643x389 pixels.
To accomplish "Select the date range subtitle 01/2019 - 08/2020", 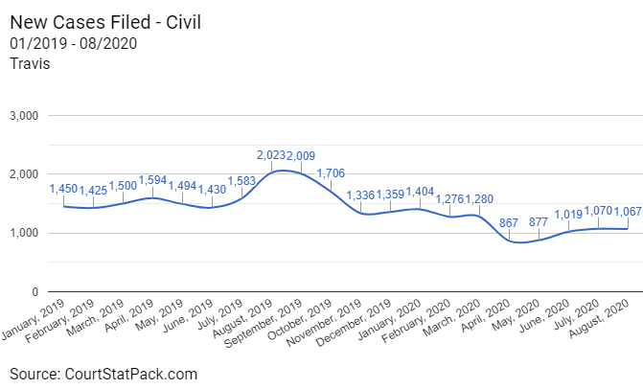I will coord(72,43).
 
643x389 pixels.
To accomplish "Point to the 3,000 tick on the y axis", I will coord(22,116).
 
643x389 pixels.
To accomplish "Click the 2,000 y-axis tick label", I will coord(22,174).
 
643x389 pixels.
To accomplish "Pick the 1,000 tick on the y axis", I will coord(22,233).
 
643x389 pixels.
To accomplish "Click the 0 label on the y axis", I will coord(34,291).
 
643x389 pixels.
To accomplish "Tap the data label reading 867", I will coord(509,222).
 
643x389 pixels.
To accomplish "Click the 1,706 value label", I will coord(331,172).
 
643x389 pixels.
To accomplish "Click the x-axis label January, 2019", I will coord(35,318).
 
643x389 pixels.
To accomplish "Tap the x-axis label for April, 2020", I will coord(487,319).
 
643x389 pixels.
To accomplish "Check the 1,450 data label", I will coord(64,188).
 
